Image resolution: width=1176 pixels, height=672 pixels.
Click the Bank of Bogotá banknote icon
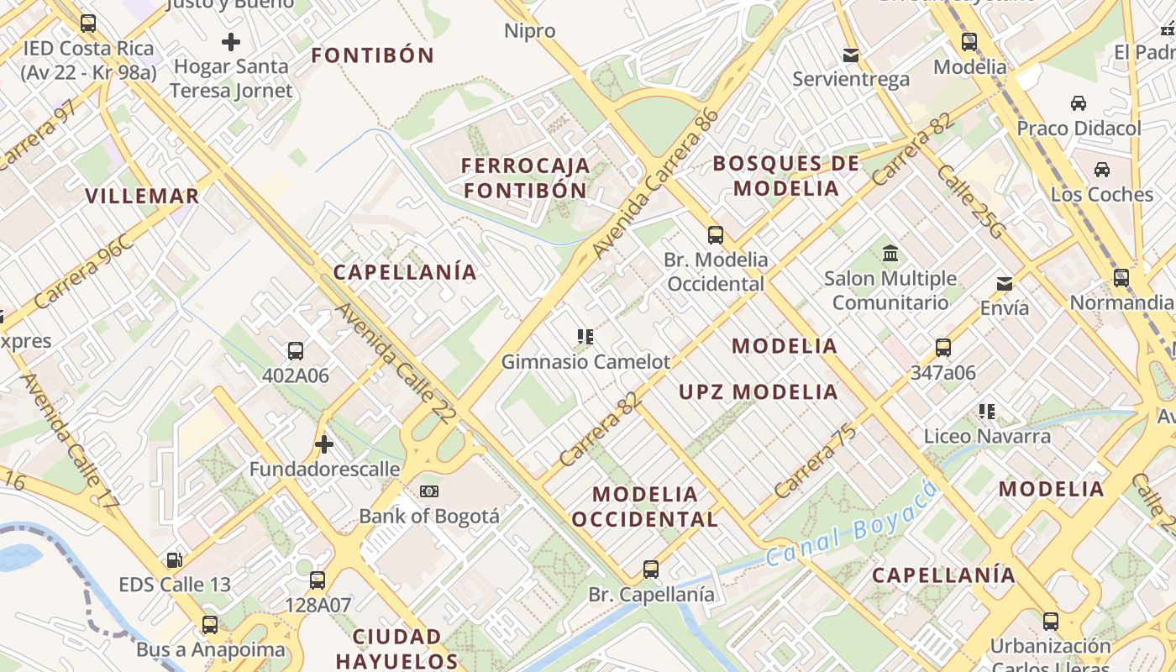point(429,491)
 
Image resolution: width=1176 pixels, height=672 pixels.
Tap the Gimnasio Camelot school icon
point(585,337)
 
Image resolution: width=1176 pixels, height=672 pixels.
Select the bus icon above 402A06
point(295,351)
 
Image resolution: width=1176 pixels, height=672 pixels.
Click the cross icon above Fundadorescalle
point(324,444)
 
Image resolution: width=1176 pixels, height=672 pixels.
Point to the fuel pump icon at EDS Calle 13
point(174,559)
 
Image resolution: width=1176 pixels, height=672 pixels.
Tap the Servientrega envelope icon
point(851,55)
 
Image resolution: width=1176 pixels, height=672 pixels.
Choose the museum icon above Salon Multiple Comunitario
point(890,253)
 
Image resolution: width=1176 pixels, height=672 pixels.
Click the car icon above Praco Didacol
point(1079,103)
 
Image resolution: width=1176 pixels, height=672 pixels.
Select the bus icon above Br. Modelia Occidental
point(716,235)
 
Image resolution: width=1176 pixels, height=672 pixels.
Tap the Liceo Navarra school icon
point(987,412)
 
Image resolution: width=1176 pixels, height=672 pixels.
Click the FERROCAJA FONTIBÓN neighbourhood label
point(525,177)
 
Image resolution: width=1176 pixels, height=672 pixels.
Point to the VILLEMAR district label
point(142,197)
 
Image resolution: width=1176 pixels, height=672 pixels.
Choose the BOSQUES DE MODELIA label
point(786,176)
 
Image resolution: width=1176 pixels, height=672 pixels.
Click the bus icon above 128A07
point(317,580)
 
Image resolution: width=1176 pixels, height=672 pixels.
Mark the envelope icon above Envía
point(1005,283)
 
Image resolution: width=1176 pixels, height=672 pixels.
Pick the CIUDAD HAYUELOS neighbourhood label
point(397,648)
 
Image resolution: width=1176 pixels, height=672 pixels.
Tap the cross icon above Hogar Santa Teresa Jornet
point(231,41)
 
